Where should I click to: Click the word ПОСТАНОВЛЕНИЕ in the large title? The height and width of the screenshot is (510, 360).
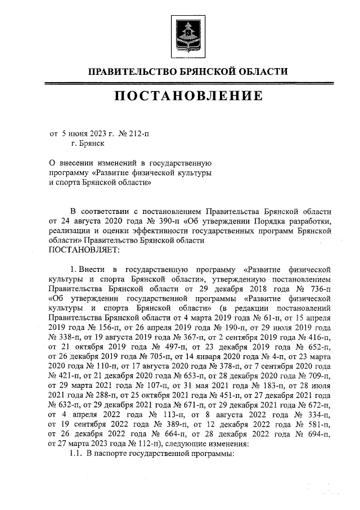click(188, 96)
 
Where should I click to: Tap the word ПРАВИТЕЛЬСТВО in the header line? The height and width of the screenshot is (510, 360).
click(131, 71)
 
